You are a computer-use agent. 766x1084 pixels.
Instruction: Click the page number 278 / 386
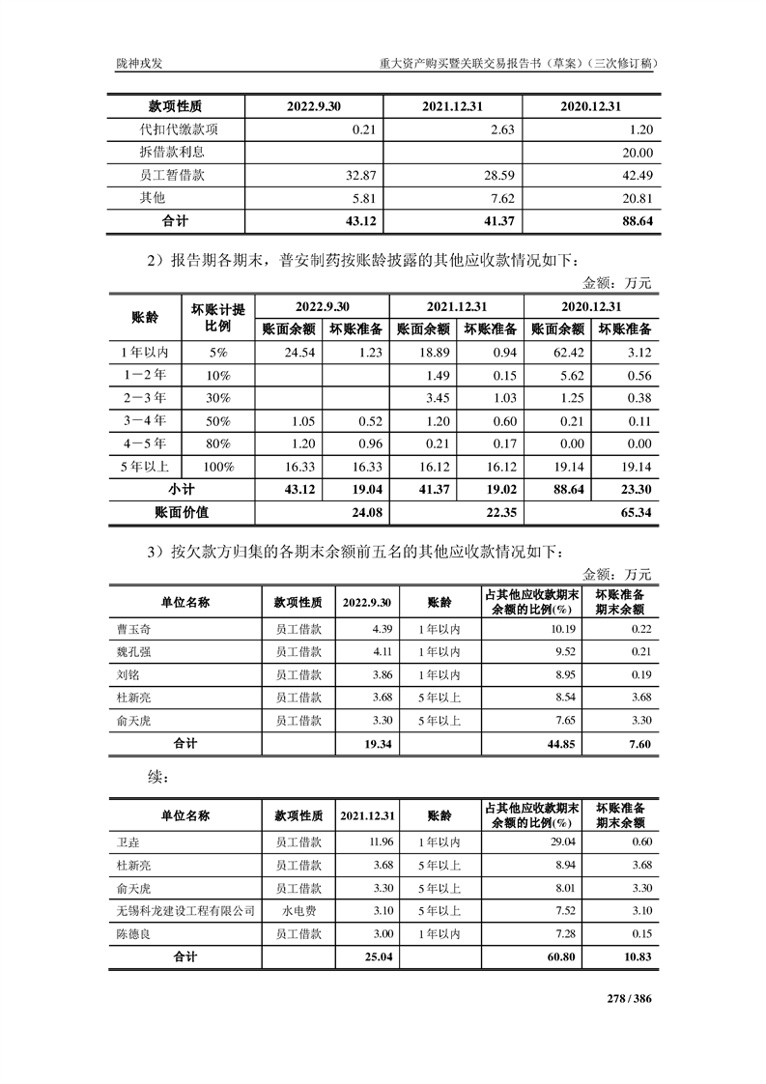tap(630, 999)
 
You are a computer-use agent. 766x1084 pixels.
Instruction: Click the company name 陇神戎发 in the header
tap(135, 64)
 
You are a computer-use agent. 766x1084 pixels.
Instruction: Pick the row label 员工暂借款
tap(173, 176)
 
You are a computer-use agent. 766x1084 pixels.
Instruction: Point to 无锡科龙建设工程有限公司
tap(184, 911)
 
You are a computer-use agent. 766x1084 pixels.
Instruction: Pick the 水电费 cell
tap(298, 911)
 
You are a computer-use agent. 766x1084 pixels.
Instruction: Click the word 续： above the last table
tap(151, 777)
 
